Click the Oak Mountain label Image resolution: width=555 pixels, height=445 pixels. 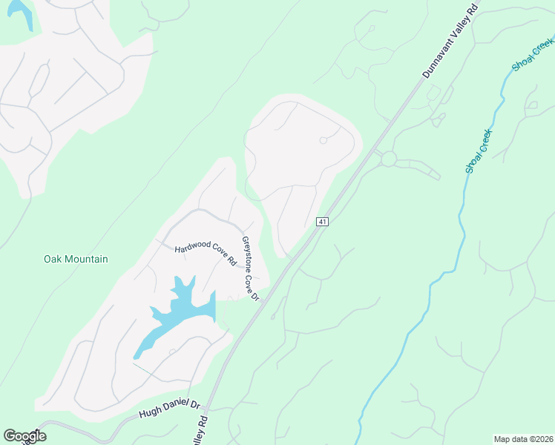tap(76, 260)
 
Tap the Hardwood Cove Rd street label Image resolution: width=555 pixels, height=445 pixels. tap(205, 254)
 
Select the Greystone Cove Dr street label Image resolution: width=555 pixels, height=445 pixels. tap(250, 268)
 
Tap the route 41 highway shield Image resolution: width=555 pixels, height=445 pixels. tap(322, 222)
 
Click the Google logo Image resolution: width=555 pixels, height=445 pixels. tap(24, 436)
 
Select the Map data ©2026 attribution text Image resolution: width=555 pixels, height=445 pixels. tap(523, 439)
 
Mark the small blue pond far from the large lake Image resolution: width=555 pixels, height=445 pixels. tap(21, 13)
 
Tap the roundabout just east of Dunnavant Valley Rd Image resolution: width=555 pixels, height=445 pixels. tap(388, 158)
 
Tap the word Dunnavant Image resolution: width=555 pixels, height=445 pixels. tap(437, 54)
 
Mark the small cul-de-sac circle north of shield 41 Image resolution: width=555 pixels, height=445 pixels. tap(324, 140)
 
